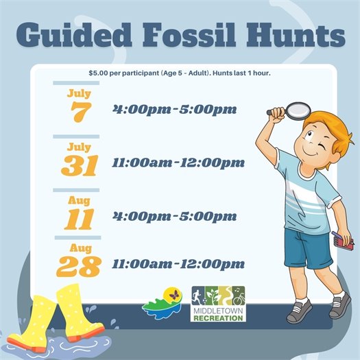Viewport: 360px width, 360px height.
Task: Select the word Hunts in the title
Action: tap(297, 36)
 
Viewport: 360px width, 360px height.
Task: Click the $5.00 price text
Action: tap(103, 73)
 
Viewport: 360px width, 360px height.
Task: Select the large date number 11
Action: tap(80, 219)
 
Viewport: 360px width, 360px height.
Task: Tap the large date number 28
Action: tap(79, 267)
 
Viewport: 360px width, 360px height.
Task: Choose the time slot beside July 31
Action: tap(178, 163)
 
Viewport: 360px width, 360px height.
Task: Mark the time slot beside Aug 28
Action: tap(178, 263)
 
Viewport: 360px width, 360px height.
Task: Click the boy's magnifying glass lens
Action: tap(297, 109)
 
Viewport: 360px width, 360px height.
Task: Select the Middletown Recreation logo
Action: tap(218, 303)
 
